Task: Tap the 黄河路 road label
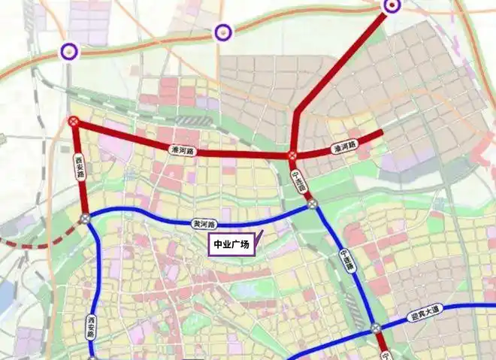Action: [204, 224]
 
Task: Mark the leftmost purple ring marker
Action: [70, 50]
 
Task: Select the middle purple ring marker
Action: [222, 32]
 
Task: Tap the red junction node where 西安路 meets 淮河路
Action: [74, 121]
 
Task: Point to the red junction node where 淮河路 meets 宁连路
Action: [292, 156]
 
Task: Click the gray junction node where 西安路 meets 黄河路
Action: [86, 219]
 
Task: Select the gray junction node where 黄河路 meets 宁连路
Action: [312, 204]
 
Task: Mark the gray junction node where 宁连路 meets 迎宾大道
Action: [375, 328]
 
